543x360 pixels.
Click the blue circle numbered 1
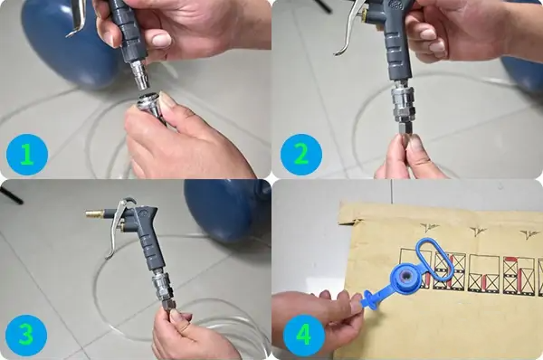(27, 155)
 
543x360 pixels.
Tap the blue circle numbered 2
(301, 155)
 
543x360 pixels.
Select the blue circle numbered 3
(26, 336)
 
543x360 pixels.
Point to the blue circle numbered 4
(304, 336)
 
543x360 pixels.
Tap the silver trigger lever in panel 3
(117, 225)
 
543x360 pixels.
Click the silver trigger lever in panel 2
(349, 28)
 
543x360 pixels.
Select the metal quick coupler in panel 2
(402, 104)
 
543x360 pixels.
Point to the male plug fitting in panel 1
(139, 74)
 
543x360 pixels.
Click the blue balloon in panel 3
(227, 211)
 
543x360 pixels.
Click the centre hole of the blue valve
(405, 277)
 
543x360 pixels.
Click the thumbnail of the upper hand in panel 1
(161, 40)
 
